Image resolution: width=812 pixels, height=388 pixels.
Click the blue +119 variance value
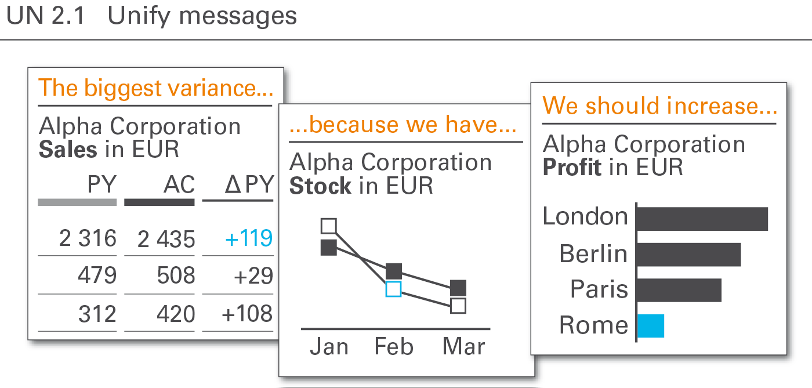point(249,238)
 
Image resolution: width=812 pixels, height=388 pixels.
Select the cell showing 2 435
point(166,239)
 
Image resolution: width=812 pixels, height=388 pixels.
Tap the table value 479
point(97,275)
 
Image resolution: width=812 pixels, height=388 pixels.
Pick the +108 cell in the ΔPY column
point(247,314)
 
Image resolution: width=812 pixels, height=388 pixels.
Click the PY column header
point(102,184)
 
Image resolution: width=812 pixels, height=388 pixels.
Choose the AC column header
point(179,184)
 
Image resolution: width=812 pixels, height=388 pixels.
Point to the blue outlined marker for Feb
point(393,289)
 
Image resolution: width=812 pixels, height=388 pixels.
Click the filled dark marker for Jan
point(329,248)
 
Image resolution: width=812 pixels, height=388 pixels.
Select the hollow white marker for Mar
point(458,306)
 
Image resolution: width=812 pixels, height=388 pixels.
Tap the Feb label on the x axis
point(394,346)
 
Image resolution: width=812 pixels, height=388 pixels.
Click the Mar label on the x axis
point(463,346)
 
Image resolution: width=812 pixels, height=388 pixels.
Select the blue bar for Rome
point(651,326)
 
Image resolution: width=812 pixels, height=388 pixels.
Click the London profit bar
point(702,219)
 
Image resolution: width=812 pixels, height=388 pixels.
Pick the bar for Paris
point(679,290)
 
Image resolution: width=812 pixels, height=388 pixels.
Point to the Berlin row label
point(593,253)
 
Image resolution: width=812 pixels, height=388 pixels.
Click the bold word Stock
point(320,186)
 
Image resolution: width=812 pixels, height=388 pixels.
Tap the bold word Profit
point(572,167)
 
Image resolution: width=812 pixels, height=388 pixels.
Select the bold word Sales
point(68,150)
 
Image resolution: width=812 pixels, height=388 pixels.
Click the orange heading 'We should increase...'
point(660,106)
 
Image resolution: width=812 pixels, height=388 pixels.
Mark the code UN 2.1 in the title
point(46,16)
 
